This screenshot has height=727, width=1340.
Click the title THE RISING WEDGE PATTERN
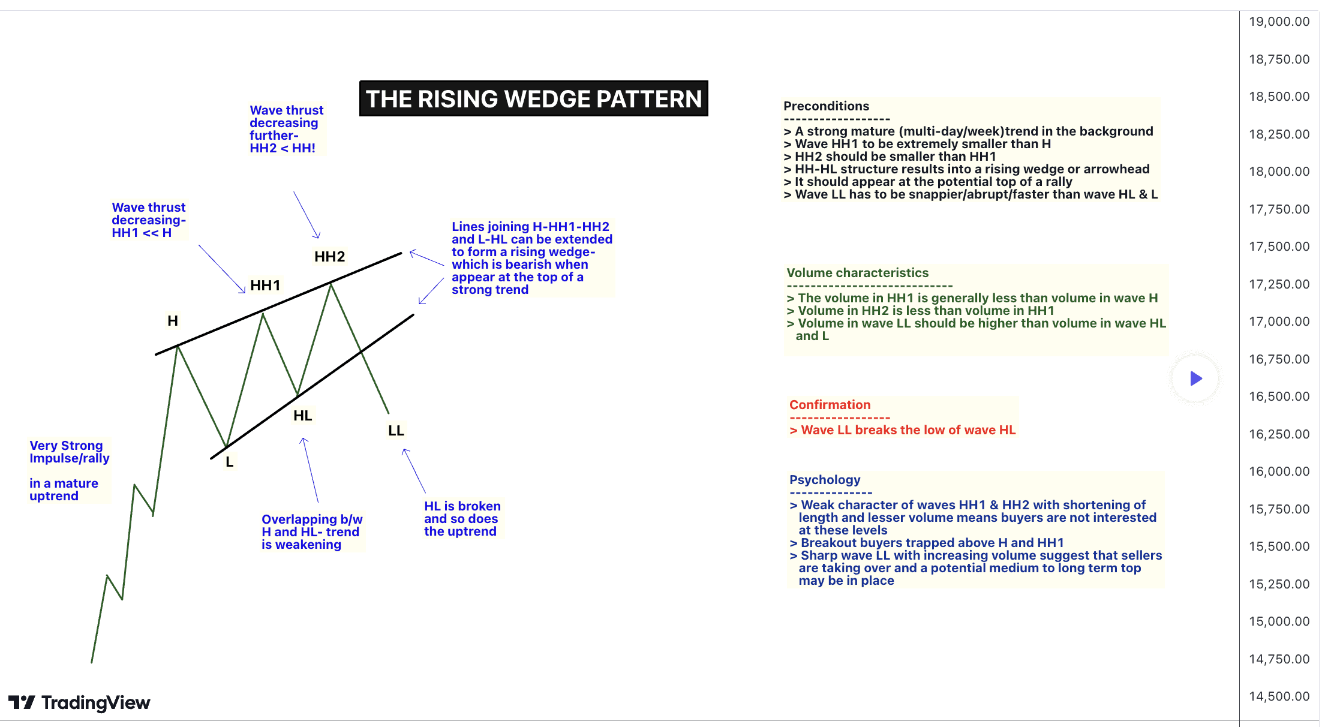coord(533,99)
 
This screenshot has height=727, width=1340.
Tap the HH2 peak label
coord(329,257)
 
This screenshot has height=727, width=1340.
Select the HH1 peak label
coord(265,286)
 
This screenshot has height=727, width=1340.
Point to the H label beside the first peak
coord(173,321)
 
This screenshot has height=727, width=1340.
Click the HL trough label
coord(302,416)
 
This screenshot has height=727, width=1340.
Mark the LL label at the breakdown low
coord(396,431)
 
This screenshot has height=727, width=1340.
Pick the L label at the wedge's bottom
coord(229,462)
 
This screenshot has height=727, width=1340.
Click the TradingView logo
coord(79,702)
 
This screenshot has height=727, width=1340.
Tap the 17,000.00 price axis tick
coord(1279,322)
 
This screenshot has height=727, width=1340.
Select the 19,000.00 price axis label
coord(1279,22)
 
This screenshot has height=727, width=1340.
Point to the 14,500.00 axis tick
coord(1279,696)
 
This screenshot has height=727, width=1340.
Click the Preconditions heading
coord(826,106)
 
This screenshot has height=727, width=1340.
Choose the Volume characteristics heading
coord(857,273)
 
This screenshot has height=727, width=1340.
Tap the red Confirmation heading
coord(830,405)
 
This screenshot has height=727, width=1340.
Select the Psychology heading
coord(825,480)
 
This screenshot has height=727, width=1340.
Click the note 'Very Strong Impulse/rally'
coord(69,452)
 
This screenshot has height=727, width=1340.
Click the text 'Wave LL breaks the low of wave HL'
coord(908,430)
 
